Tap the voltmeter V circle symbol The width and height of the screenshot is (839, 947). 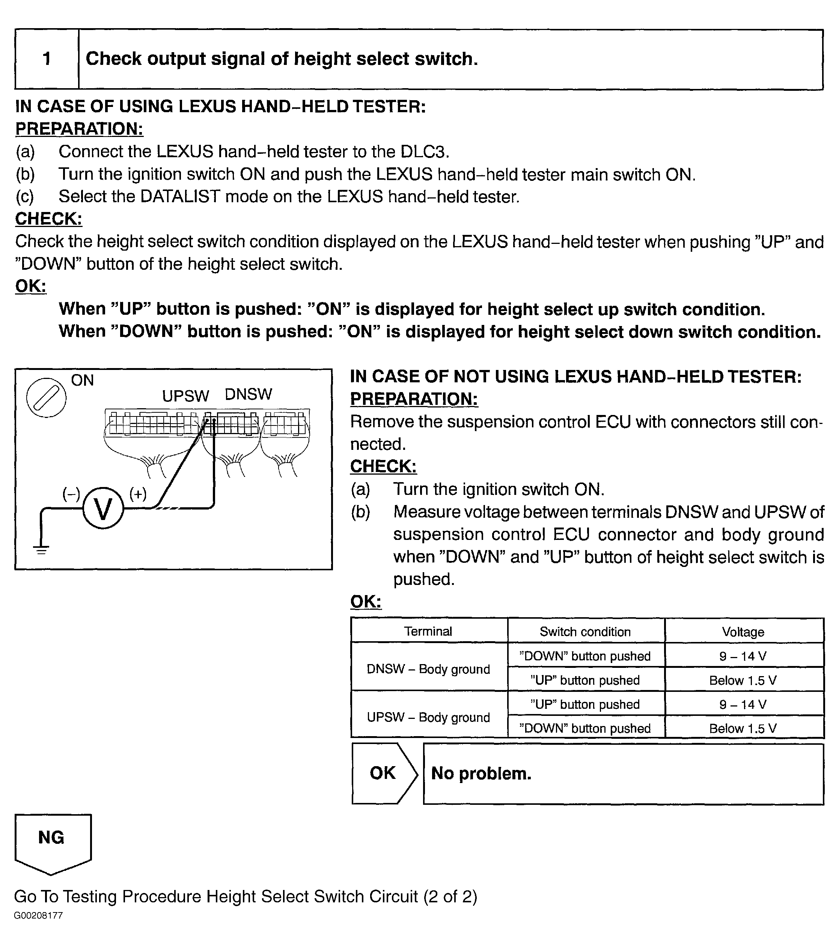tap(103, 508)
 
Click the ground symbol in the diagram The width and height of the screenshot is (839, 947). tap(41, 550)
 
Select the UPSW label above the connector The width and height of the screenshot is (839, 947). tap(185, 396)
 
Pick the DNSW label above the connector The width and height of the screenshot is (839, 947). tap(248, 394)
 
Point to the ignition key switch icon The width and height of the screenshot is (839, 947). tap(46, 397)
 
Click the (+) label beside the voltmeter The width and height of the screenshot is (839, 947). tap(138, 494)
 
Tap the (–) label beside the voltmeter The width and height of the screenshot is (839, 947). tap(71, 494)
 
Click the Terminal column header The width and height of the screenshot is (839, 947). tap(428, 631)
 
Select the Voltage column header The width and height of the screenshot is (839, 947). tap(743, 631)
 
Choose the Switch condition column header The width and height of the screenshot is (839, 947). tap(585, 631)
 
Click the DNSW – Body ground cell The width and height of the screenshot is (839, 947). tap(428, 669)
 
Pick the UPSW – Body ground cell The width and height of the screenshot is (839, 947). tap(428, 717)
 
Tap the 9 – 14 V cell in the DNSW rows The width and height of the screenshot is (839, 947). tap(743, 656)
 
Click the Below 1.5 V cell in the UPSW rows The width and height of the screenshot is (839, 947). tap(743, 728)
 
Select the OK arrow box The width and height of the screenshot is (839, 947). tap(383, 773)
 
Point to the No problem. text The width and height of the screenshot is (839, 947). tap(481, 773)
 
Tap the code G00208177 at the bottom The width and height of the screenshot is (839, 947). tap(38, 915)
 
